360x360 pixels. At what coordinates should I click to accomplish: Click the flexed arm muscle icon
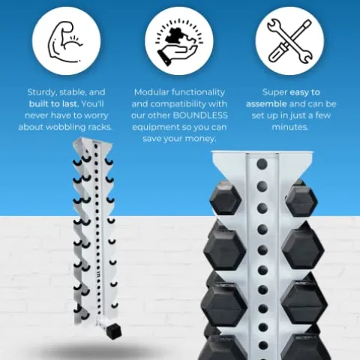(x=65, y=42)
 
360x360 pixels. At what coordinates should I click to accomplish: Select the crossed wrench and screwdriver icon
(x=289, y=40)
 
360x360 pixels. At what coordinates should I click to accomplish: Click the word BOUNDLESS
(x=200, y=115)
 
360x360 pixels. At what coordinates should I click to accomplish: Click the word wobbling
(x=66, y=127)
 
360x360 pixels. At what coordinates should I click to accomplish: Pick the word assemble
(x=266, y=103)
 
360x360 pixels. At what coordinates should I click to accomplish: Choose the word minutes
(x=290, y=127)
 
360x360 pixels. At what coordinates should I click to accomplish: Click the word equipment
(x=154, y=127)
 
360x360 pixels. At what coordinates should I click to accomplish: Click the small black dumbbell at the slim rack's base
(x=115, y=331)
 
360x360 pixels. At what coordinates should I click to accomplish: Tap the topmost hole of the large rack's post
(x=262, y=163)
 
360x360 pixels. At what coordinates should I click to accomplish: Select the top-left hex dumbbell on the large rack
(x=226, y=199)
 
